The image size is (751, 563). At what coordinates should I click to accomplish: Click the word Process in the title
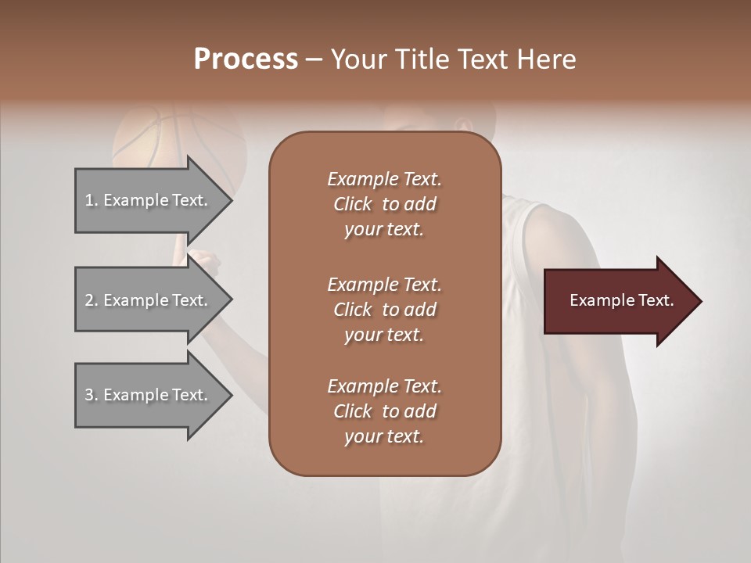coord(246,59)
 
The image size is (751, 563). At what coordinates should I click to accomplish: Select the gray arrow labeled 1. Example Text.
coord(149,200)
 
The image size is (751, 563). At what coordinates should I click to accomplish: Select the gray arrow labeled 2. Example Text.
coord(149,300)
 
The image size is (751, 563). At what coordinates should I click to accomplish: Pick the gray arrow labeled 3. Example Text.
coord(149,395)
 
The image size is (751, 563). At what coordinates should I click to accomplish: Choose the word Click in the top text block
coord(353,204)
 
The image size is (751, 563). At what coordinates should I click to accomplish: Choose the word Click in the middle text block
coord(353,310)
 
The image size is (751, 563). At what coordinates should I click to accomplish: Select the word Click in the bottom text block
coord(353,411)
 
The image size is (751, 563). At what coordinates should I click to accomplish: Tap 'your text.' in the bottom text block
coord(384,436)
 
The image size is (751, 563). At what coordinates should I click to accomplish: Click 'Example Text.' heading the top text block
coord(384,179)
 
